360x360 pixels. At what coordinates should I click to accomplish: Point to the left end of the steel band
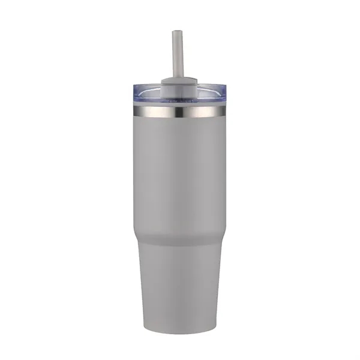[x=133, y=111]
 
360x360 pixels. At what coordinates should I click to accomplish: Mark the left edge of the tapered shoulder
[x=135, y=237]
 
